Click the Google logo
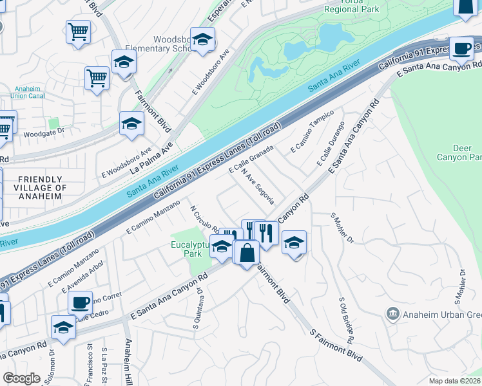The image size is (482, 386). point(21,378)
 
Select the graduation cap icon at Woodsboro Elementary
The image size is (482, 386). point(202,40)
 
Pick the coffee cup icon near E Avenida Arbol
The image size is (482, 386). point(81,302)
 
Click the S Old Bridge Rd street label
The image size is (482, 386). point(349,320)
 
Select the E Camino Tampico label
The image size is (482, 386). point(312,131)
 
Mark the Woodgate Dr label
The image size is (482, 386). point(44,134)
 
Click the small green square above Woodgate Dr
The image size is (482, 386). point(53,122)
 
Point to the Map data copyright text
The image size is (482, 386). point(455,381)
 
